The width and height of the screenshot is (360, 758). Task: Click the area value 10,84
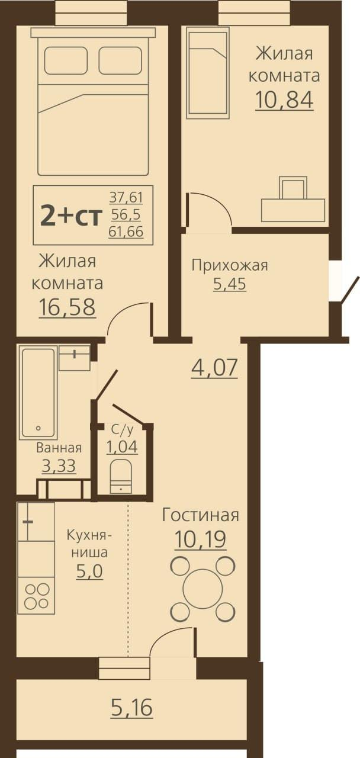284,100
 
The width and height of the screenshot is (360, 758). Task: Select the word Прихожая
229,265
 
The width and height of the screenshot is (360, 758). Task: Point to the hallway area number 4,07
214,368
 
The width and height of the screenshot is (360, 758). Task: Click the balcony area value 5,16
131,707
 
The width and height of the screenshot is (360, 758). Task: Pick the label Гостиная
201,515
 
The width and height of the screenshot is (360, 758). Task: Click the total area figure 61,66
126,232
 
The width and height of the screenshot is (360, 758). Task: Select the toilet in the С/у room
121,476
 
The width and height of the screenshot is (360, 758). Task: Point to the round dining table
202,589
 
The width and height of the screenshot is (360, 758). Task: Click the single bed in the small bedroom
207,72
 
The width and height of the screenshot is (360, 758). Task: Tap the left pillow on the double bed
66,60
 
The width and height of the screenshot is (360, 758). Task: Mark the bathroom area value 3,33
59,466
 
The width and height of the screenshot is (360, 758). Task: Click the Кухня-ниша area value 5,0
88,572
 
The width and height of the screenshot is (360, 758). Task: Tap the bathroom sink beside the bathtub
75,358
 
